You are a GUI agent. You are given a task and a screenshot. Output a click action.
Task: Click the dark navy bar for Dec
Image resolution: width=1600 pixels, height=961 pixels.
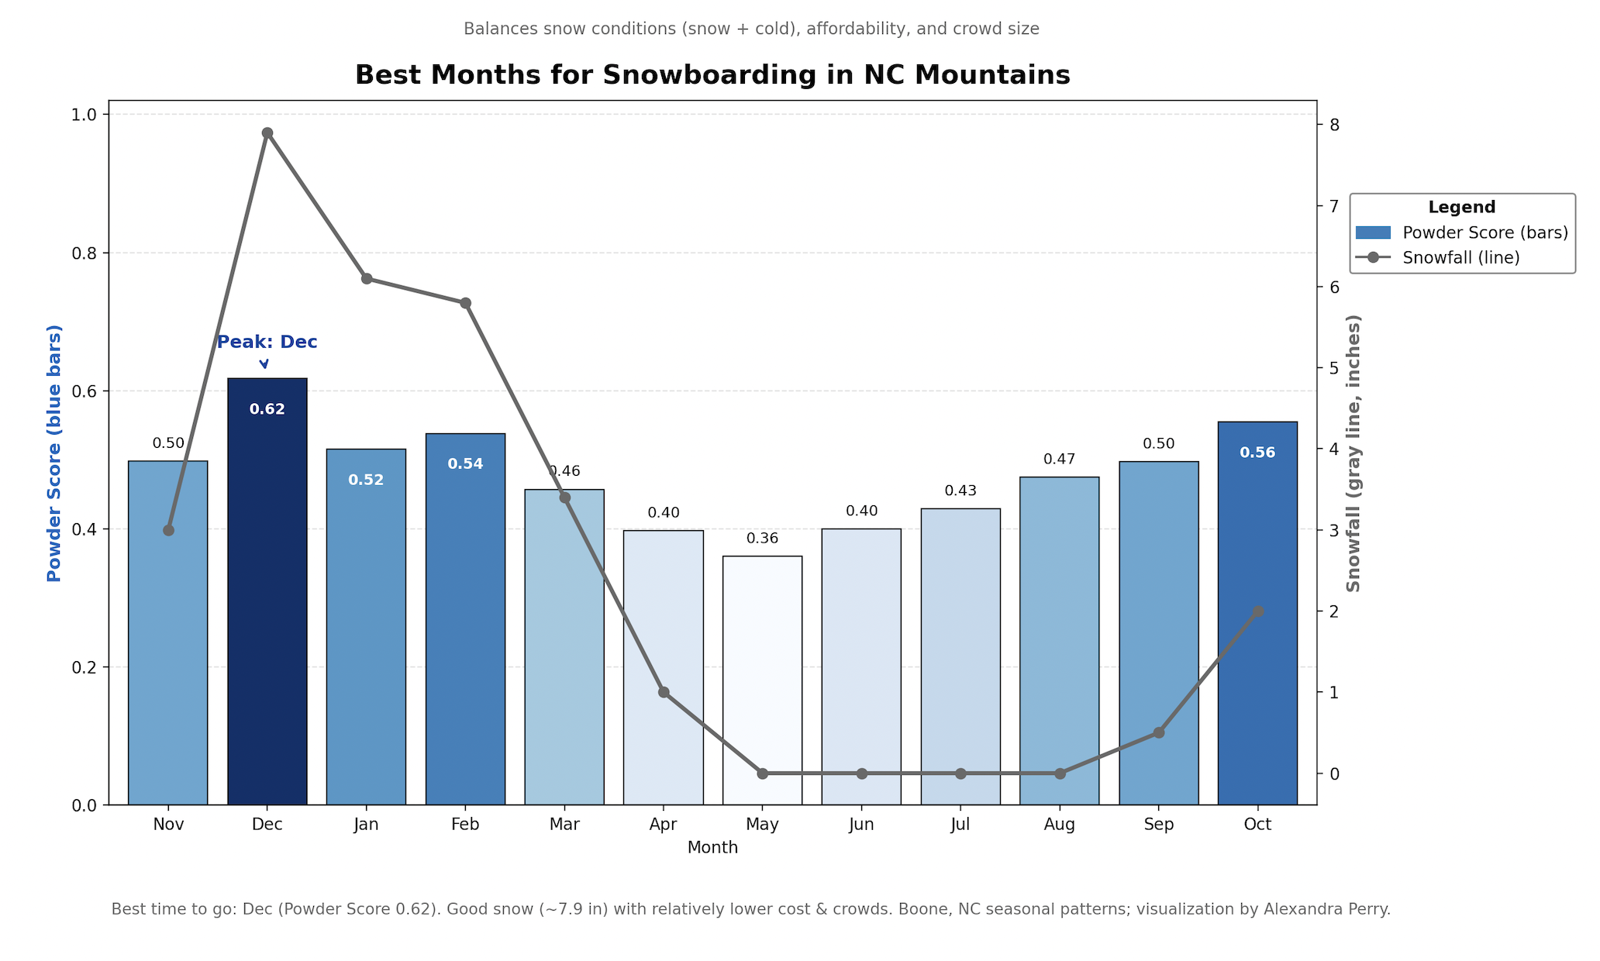click(x=267, y=604)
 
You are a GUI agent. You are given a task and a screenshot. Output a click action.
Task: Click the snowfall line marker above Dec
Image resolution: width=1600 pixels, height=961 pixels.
click(x=267, y=133)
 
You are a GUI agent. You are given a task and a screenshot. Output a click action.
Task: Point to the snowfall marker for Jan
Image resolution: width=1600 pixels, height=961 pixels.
click(x=367, y=279)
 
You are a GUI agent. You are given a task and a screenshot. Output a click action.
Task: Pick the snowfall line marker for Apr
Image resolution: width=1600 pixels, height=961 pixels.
click(x=664, y=692)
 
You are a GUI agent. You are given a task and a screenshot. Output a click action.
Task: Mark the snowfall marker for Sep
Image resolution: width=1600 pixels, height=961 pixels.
click(x=1159, y=732)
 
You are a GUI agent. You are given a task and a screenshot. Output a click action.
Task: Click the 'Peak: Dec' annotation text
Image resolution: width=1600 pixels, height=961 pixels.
click(x=267, y=342)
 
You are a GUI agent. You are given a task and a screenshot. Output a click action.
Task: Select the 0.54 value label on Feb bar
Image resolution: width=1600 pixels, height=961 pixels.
click(x=465, y=464)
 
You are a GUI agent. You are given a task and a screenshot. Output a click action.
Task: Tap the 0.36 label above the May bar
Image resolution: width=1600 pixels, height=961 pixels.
click(x=762, y=539)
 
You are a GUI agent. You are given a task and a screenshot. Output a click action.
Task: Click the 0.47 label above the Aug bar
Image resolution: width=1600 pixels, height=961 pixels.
click(x=1060, y=460)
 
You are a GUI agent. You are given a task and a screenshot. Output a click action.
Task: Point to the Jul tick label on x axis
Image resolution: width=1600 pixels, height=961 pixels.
click(x=960, y=825)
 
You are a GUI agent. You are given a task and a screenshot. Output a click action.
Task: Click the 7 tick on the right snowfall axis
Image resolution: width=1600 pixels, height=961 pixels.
click(x=1334, y=206)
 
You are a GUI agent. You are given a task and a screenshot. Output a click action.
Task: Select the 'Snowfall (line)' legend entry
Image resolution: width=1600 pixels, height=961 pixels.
click(x=1461, y=258)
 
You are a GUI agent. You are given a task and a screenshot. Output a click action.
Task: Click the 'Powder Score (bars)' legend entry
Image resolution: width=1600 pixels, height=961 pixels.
click(x=1485, y=232)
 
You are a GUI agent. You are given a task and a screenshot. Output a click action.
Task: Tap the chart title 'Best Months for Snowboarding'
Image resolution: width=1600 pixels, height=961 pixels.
click(x=712, y=75)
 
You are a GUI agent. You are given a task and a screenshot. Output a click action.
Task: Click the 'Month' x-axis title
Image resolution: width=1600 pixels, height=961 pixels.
click(x=712, y=848)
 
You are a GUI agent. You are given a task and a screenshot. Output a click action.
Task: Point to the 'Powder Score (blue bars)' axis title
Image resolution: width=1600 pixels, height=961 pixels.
click(x=54, y=453)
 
